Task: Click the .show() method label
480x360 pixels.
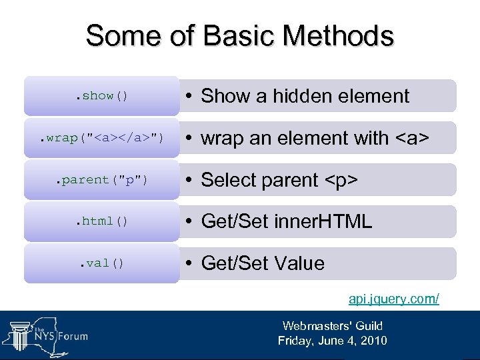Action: coord(101,96)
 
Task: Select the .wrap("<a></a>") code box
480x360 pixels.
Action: coord(101,138)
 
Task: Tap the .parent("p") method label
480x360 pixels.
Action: coord(101,180)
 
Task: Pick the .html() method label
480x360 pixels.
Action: coord(101,221)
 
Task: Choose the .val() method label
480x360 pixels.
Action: coord(101,263)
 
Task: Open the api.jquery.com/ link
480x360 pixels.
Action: coord(394,298)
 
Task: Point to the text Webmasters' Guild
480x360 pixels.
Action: coord(332,326)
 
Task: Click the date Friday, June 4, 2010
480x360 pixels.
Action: coord(332,341)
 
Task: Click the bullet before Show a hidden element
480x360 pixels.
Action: coord(190,96)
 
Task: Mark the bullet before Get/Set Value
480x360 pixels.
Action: coord(190,263)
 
